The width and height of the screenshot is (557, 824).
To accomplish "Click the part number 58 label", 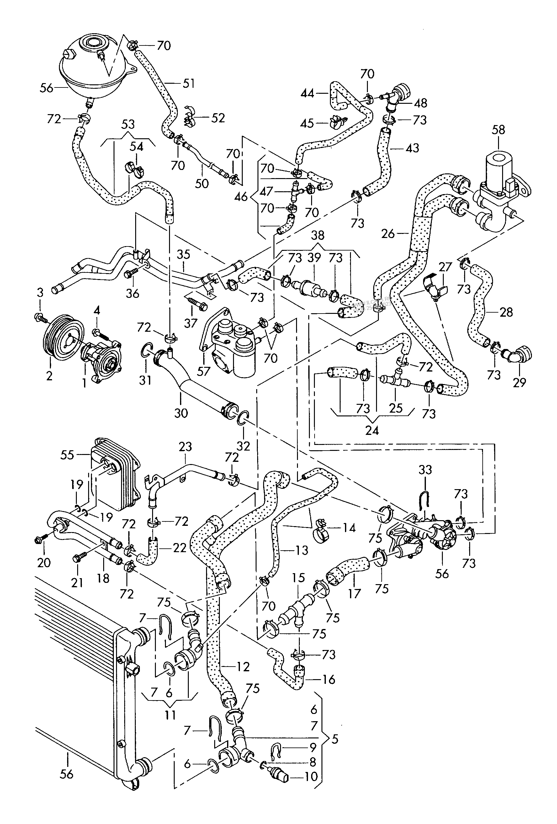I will [x=498, y=129].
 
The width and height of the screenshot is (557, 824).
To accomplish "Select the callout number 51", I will [x=188, y=84].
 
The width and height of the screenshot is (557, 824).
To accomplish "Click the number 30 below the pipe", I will [x=181, y=413].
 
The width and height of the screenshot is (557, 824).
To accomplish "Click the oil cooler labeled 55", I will [x=115, y=473].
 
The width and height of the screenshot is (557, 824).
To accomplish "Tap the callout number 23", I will [x=185, y=446].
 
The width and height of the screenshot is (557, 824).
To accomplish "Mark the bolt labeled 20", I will [x=38, y=541].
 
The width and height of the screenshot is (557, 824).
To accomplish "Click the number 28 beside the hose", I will [x=506, y=312].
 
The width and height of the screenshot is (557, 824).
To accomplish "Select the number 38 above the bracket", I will [x=318, y=235].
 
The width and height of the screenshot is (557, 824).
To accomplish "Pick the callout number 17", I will [x=354, y=593].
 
